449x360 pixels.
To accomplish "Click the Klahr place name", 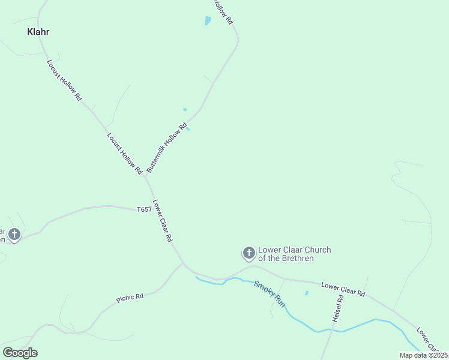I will pos(38,32).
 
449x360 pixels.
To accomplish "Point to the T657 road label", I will pos(144,209).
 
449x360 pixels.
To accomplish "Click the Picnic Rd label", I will pos(130,297).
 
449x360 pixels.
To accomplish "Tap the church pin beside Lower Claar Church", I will pos(249,253).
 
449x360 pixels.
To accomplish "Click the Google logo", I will pos(20,353).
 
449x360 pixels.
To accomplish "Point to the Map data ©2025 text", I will pos(423,355).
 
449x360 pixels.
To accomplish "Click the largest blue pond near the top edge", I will pos(208,21).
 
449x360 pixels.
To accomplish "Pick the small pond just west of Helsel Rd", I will pos(307,293).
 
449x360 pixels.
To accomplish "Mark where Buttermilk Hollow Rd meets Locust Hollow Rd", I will pos(145,177).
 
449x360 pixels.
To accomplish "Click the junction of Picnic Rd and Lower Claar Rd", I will pos(183,262).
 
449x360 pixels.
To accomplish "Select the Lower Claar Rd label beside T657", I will pos(163,220).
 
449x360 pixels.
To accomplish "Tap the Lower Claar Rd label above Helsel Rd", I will pos(343,289).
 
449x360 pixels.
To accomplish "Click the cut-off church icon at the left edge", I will pos(13,235).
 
